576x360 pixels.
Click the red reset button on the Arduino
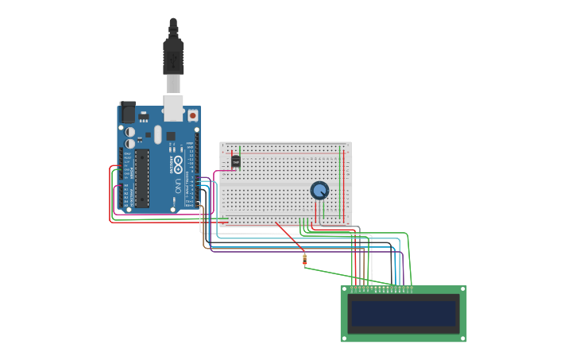point(192,115)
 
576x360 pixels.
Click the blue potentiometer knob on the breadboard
point(319,191)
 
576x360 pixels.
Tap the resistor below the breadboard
point(304,259)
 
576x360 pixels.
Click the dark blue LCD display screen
point(404,313)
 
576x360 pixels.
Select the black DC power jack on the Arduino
point(127,111)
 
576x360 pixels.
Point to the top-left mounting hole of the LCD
point(345,290)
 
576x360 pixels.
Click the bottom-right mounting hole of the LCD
point(462,338)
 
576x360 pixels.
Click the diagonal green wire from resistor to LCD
point(350,274)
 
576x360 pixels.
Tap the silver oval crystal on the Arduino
point(157,134)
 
